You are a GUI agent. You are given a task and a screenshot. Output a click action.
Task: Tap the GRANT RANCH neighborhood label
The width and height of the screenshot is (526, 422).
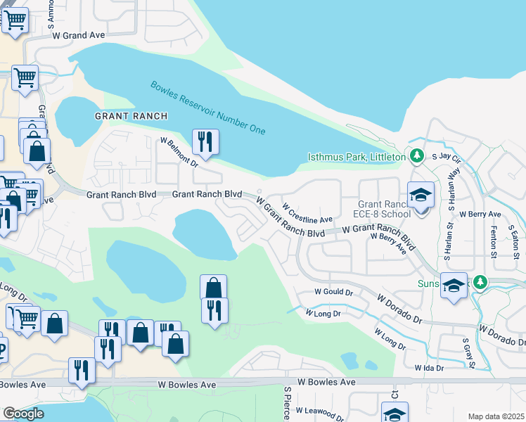[131, 116]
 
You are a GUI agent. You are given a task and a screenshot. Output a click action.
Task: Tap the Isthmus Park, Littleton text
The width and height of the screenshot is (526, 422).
[357, 156]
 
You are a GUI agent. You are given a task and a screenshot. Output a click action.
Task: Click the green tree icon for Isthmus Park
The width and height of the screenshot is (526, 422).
[417, 155]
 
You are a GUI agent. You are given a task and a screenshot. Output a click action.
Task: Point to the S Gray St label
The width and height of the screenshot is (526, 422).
[465, 354]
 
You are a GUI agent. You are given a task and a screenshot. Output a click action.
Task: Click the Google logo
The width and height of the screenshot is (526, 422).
[23, 414]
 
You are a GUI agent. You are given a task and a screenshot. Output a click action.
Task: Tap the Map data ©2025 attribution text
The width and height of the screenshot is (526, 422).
[496, 416]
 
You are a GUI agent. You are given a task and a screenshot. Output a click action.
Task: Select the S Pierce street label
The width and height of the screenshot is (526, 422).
[287, 403]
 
